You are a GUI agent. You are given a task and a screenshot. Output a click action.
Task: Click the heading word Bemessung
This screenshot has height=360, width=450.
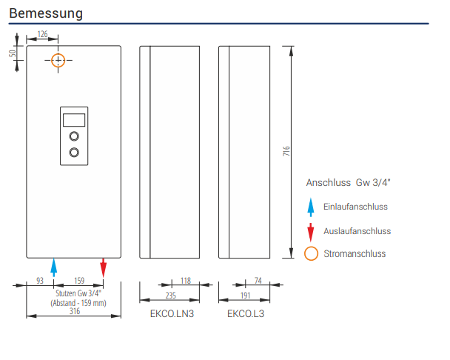pyautogui.click(x=46, y=13)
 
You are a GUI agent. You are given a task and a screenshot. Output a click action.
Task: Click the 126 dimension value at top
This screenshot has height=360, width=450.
pyautogui.click(x=42, y=35)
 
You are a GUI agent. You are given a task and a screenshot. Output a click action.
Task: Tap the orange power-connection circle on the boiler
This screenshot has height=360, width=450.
pyautogui.click(x=58, y=59)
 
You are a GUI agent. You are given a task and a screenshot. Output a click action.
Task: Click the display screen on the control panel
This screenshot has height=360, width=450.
pyautogui.click(x=74, y=119)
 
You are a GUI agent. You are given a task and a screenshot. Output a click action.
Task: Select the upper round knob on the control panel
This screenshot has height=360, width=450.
pyautogui.click(x=74, y=136)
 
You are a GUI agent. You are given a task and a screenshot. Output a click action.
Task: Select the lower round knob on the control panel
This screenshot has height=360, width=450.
pyautogui.click(x=74, y=153)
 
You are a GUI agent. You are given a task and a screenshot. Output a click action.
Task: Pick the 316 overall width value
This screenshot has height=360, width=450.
pyautogui.click(x=74, y=312)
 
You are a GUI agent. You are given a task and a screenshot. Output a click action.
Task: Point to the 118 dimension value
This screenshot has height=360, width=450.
pyautogui.click(x=186, y=281)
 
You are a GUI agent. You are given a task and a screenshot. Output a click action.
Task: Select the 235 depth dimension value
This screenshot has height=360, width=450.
pyautogui.click(x=170, y=296)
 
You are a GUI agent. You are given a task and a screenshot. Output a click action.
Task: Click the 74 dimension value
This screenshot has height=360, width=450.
pyautogui.click(x=258, y=281)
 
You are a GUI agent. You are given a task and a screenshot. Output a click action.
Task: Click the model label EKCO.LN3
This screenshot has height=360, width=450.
pyautogui.click(x=172, y=314)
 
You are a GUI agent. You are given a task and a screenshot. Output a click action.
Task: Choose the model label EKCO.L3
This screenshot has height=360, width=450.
pyautogui.click(x=246, y=314)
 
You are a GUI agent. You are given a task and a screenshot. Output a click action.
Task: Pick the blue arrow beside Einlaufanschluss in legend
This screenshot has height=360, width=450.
pyautogui.click(x=312, y=207)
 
